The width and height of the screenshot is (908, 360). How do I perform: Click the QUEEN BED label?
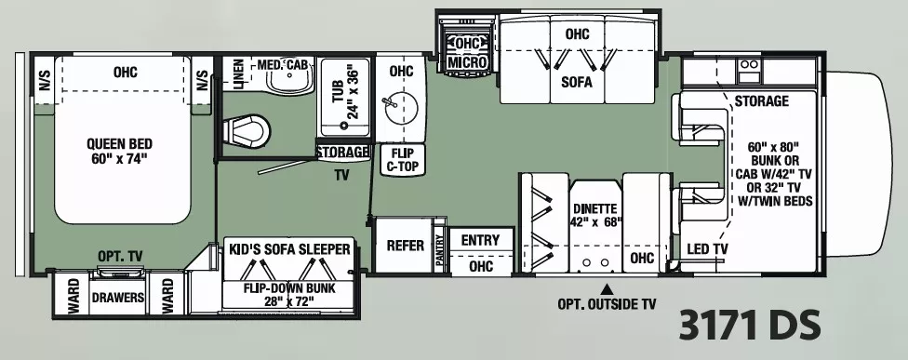click(119, 152)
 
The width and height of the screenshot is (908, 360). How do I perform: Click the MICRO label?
click(467, 62)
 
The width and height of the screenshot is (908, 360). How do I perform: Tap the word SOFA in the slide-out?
click(576, 81)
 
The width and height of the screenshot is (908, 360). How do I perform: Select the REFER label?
click(406, 246)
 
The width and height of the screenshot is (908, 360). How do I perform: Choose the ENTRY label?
click(480, 240)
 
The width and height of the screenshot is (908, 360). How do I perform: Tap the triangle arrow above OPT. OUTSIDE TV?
click(608, 287)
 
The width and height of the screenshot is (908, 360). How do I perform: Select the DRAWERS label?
click(117, 299)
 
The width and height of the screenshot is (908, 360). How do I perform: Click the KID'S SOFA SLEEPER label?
click(290, 249)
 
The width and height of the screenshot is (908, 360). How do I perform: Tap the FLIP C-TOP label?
click(401, 160)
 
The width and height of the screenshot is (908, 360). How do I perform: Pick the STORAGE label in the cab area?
click(761, 100)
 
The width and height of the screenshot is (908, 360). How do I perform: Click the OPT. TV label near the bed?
click(118, 256)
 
